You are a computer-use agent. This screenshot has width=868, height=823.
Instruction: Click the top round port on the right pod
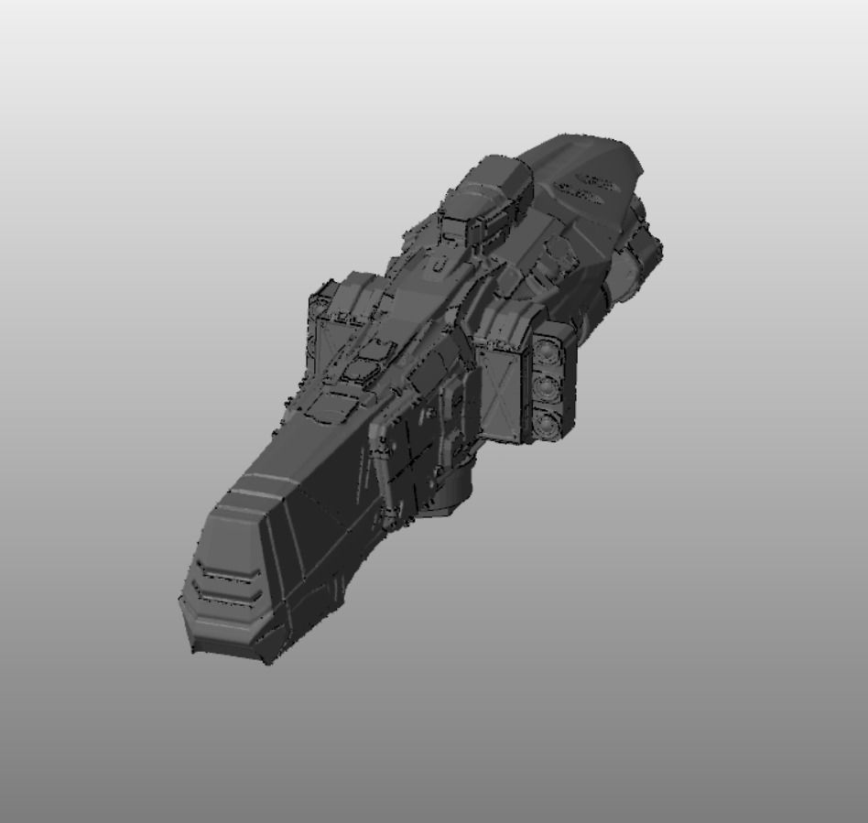(x=548, y=351)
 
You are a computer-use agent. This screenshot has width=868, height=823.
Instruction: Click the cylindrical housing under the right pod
(x=449, y=499)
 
